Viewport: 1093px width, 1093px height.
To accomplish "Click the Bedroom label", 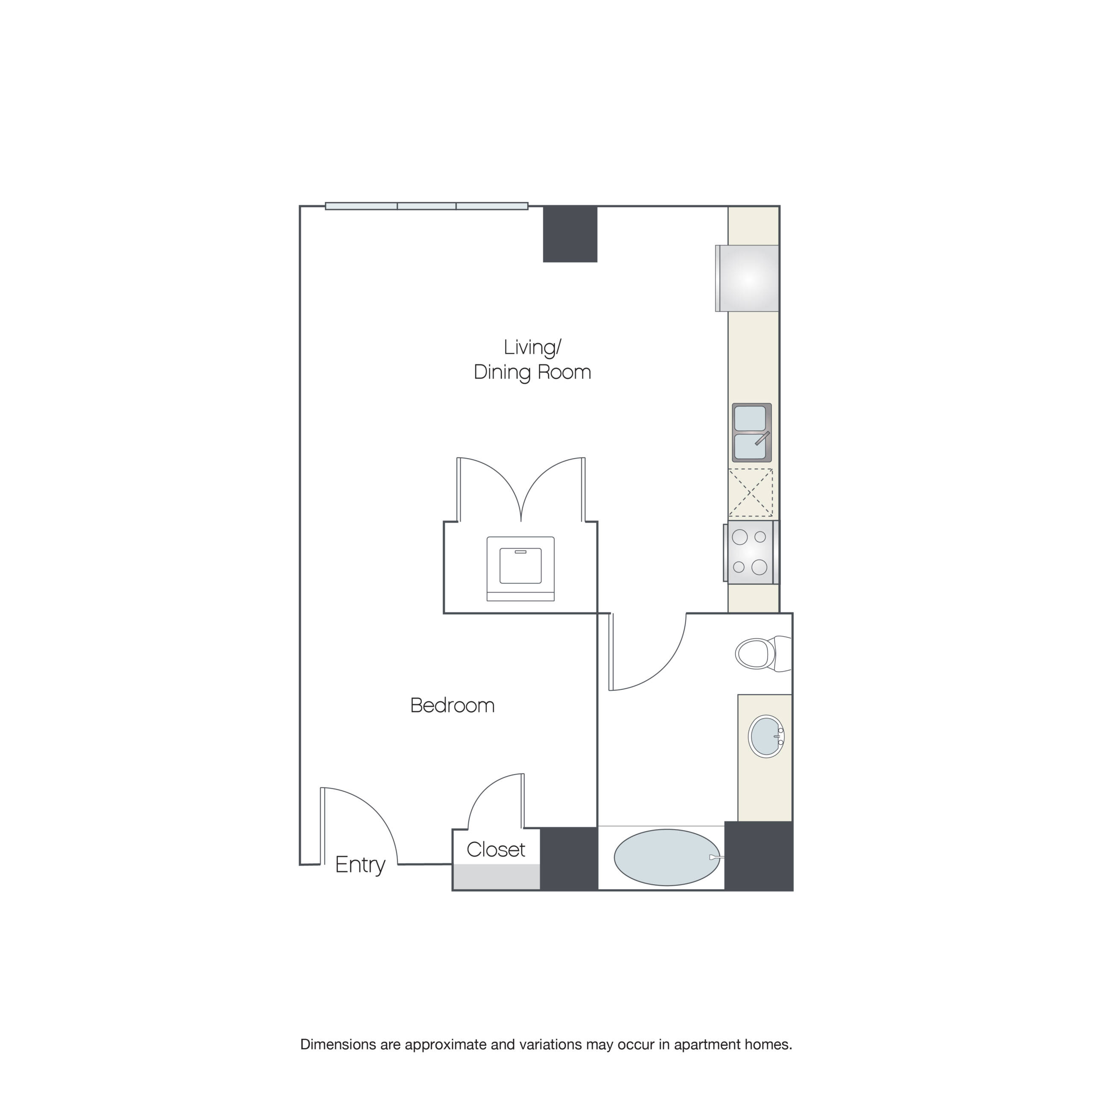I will pos(452,705).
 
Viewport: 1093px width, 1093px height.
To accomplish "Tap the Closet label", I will pos(496,849).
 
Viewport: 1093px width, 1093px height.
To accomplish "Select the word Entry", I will pos(360,865).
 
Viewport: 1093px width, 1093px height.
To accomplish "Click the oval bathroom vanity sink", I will pos(766,736).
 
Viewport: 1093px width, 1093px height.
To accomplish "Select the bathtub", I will pos(666,857).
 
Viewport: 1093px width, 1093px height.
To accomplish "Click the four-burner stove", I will pos(750,552).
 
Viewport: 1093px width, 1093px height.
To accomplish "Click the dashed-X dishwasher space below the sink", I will pos(750,493).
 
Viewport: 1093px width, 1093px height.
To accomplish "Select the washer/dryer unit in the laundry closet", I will pos(520,568).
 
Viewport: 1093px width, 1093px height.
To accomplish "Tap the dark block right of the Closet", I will pos(569,858).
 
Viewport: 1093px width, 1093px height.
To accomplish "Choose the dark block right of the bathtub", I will pos(758,855).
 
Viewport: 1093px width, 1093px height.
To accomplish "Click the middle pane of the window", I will pos(427,206).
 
